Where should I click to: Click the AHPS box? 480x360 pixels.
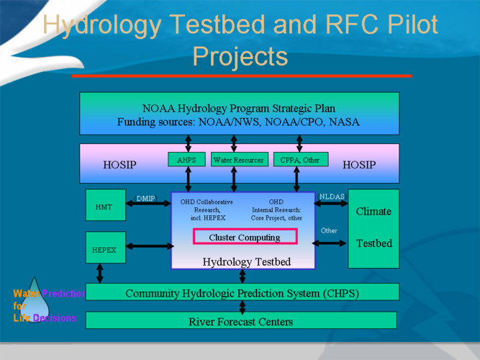186,159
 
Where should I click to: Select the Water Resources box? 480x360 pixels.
240,159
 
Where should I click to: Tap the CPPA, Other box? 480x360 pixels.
300,159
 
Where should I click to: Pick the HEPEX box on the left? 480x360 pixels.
104,249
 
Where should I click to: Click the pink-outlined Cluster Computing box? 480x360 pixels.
245,237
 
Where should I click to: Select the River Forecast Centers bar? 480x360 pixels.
240,320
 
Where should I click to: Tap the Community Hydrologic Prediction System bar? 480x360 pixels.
242,293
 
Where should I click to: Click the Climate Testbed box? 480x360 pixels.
373,228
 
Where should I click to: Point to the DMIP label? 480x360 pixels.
145,198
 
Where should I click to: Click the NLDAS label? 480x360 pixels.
332,196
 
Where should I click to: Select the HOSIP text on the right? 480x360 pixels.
359,165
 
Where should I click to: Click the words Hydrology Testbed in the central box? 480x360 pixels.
247,261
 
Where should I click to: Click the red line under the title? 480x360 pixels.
241,75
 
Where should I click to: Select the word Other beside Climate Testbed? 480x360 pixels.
329,230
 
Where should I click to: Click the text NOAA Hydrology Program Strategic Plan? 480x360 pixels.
239,108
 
